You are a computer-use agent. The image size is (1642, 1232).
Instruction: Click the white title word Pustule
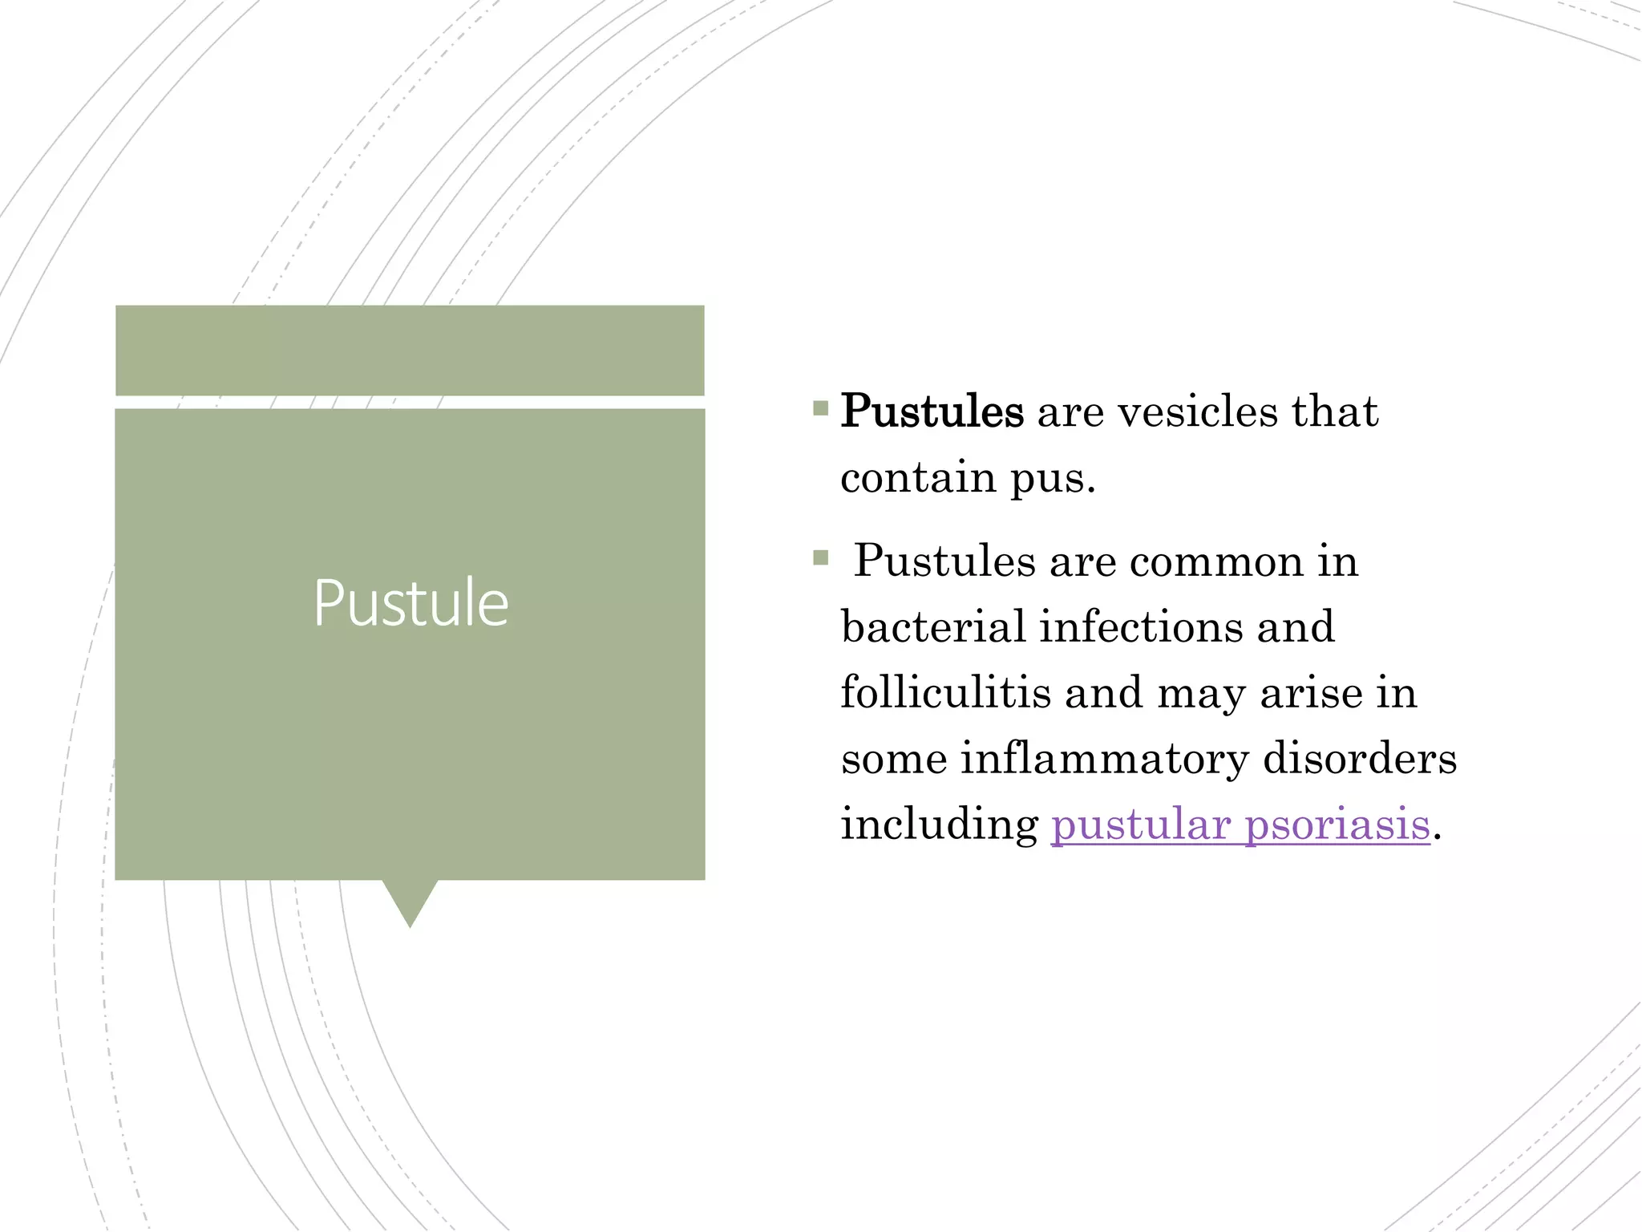410,603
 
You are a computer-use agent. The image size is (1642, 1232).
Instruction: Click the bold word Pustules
932,412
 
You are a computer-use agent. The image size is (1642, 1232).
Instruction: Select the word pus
1051,480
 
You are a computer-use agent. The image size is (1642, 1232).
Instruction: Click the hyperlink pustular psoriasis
1240,825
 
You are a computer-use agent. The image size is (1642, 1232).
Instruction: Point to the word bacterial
933,626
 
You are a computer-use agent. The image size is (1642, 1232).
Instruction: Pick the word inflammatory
1104,759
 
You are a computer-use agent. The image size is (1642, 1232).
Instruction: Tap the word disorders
1359,759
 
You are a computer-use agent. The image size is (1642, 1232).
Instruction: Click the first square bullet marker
820,409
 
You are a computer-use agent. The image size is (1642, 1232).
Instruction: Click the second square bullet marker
820,557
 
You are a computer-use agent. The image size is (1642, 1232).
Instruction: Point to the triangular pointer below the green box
410,900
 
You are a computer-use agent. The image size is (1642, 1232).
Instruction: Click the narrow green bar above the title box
410,350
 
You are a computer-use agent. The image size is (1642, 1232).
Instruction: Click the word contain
918,478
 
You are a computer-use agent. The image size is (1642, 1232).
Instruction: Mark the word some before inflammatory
894,759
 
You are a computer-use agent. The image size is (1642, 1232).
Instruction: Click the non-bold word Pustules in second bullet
944,561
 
